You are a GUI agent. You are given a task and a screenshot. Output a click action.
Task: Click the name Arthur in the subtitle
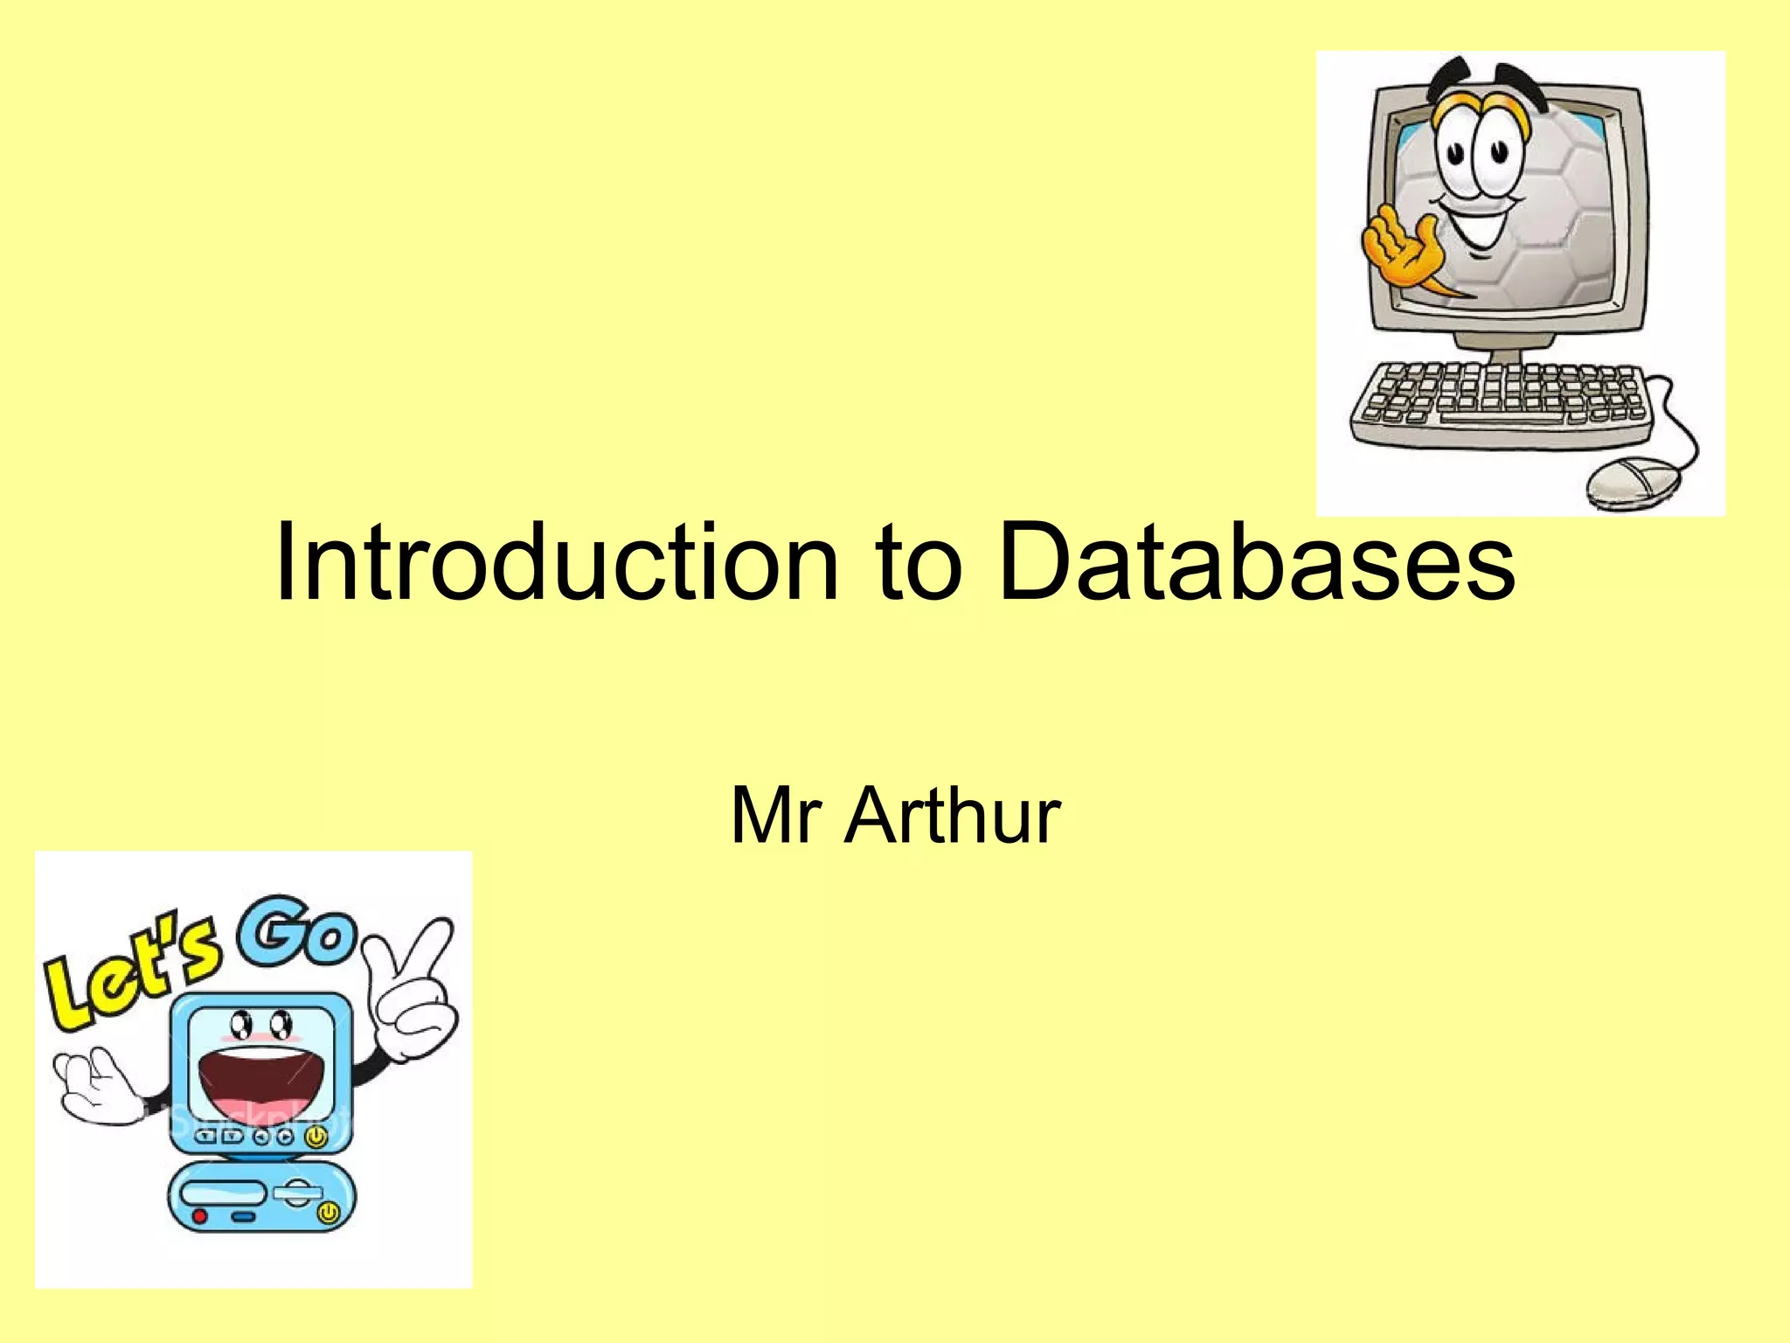(952, 816)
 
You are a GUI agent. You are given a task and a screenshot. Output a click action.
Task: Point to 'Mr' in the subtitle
(775, 816)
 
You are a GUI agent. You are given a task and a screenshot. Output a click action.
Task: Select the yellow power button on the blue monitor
(316, 1137)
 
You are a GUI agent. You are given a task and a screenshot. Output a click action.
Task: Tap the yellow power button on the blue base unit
(329, 1213)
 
